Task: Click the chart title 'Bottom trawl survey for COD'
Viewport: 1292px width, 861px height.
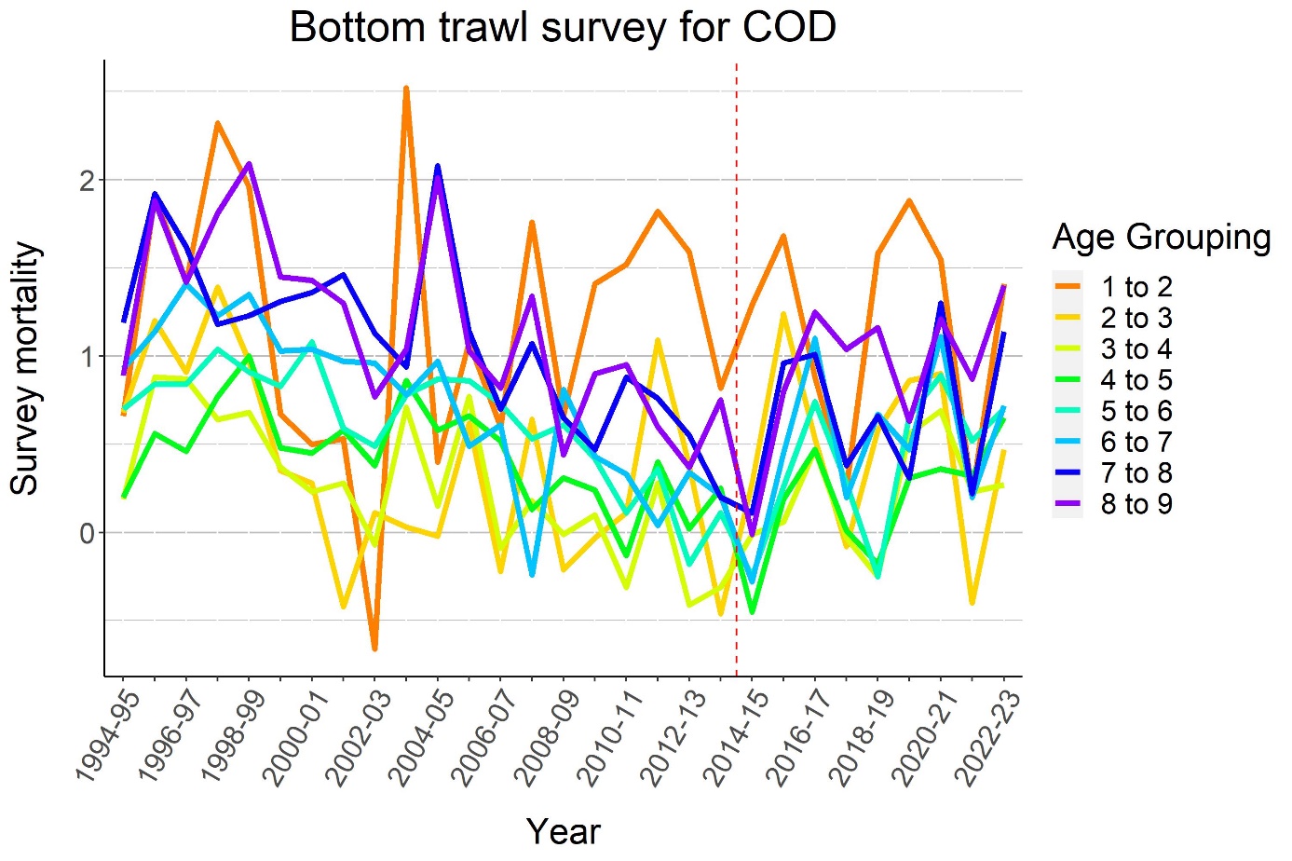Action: click(x=563, y=27)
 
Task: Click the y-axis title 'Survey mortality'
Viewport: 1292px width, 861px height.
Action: click(x=25, y=368)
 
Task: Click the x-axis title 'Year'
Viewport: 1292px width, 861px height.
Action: click(x=563, y=830)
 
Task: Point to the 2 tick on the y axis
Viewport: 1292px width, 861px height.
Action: click(x=88, y=180)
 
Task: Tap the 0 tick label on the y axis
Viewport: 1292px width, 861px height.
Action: click(x=88, y=533)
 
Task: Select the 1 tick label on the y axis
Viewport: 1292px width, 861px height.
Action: click(x=88, y=357)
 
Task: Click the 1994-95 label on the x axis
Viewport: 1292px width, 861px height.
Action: click(x=103, y=736)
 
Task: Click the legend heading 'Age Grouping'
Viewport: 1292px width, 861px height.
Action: click(x=1161, y=238)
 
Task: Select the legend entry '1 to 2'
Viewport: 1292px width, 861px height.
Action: click(x=1136, y=287)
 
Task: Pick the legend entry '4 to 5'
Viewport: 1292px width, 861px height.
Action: click(x=1136, y=380)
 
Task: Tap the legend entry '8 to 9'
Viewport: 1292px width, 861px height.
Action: click(x=1136, y=504)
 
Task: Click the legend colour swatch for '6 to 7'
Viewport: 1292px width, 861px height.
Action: click(x=1068, y=442)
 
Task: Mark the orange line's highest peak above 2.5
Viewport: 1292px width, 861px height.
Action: click(x=406, y=89)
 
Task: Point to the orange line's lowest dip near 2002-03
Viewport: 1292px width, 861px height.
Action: click(x=374, y=648)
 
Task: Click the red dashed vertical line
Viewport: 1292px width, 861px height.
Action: click(x=737, y=373)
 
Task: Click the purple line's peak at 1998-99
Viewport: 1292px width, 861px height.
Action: click(x=250, y=164)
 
